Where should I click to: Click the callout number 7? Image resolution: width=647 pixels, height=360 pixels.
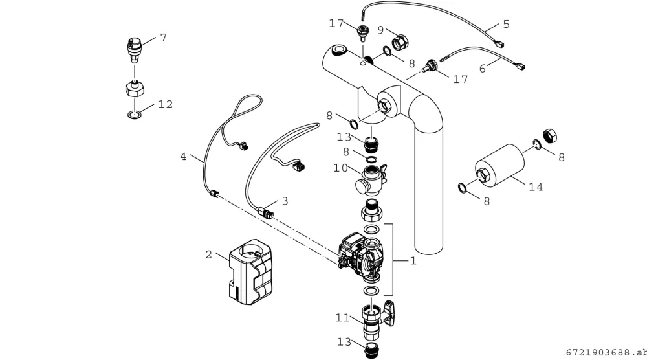(164, 38)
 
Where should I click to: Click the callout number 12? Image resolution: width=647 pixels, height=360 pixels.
(166, 104)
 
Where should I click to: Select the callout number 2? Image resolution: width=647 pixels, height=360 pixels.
(209, 254)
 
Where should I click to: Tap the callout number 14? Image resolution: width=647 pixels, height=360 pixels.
(536, 187)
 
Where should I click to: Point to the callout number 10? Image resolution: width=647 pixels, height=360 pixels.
(341, 168)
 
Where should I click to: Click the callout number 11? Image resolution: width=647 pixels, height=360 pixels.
(343, 317)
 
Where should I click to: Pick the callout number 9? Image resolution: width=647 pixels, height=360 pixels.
(380, 30)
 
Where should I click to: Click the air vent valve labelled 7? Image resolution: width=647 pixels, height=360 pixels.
(134, 49)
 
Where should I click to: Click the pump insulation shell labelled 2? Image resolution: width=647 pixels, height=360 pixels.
(250, 272)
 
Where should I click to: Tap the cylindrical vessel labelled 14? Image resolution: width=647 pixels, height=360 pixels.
(499, 164)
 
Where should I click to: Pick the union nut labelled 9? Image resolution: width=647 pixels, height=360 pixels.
(400, 42)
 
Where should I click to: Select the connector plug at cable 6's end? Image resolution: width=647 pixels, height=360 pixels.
(520, 65)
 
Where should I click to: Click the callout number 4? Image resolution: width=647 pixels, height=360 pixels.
(183, 157)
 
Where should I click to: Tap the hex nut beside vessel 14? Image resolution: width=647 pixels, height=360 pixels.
(550, 136)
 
